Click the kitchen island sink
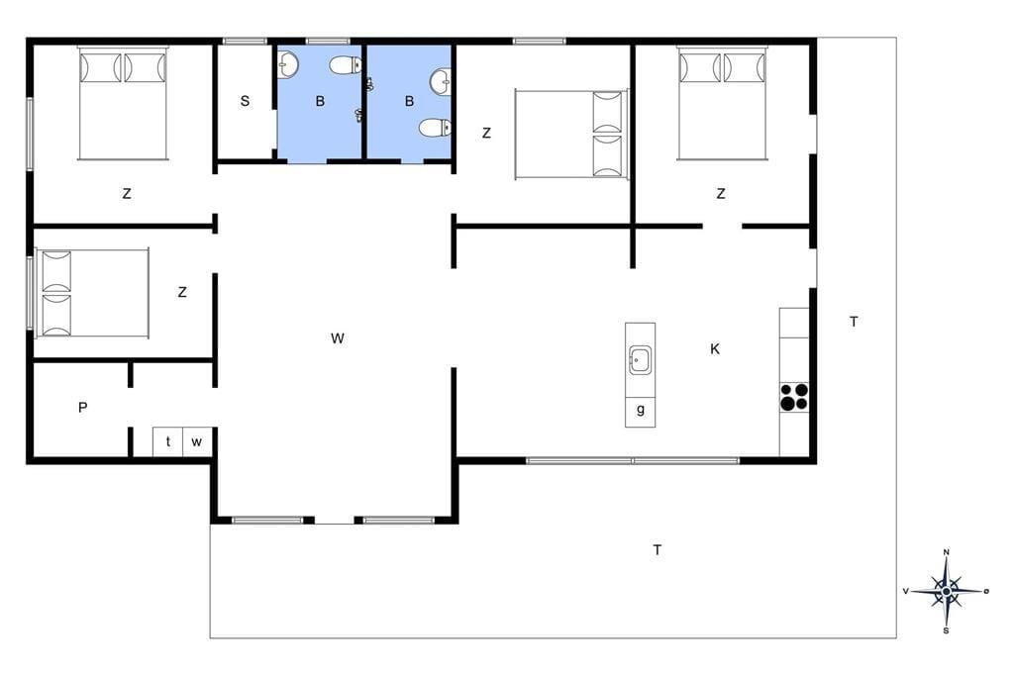641,359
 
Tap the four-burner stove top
794,397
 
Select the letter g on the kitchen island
641,409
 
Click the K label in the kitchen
715,349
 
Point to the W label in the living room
338,338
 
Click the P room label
83,408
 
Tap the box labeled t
168,441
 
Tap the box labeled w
197,441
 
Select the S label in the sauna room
245,101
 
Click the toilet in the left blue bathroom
346,64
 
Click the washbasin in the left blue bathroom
288,64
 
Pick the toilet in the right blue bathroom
435,128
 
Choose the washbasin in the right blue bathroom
441,80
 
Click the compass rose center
946,591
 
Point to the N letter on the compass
946,552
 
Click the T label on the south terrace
658,550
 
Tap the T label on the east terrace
854,322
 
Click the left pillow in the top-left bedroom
100,68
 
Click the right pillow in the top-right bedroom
745,68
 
